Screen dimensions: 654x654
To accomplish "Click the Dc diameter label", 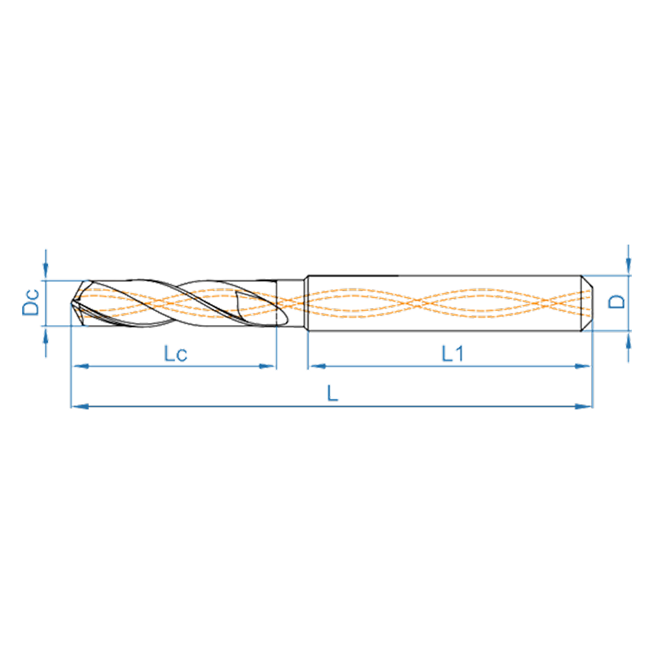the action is coord(31,302).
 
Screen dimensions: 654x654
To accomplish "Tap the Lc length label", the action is coord(175,354).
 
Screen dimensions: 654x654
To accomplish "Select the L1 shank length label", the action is coord(453,354).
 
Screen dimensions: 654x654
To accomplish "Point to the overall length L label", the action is coord(332,393).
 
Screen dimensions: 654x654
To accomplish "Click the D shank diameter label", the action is coord(617,301).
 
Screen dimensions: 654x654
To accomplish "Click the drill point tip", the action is coord(71,303).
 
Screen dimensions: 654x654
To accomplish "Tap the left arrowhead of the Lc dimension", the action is coord(81,366).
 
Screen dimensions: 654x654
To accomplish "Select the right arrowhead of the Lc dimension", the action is coord(267,366).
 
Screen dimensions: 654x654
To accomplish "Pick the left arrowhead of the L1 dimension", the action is coord(318,366).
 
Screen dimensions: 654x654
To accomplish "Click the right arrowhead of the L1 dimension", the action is coord(583,366).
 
